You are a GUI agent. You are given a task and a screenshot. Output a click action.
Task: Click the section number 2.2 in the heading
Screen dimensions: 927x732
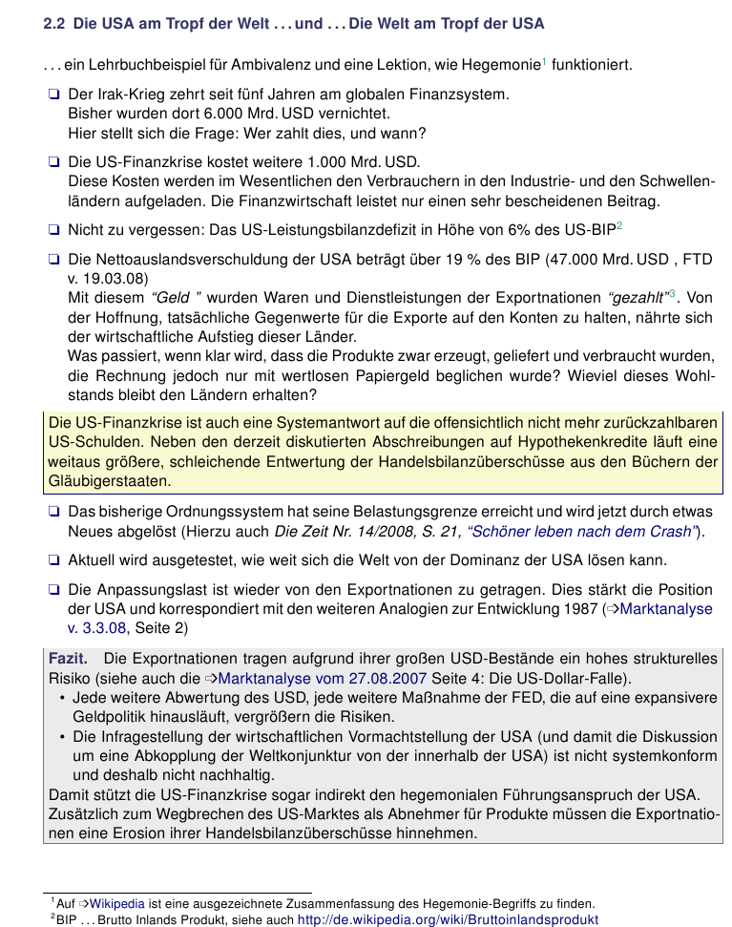tap(54, 23)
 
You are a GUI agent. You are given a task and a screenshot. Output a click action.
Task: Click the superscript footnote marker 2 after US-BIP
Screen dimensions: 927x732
tap(618, 226)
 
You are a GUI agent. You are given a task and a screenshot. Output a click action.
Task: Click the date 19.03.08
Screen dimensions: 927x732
tap(116, 278)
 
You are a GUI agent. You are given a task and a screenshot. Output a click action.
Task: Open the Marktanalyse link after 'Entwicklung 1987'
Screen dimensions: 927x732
tap(666, 609)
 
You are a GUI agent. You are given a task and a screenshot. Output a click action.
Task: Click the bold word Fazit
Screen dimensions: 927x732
tap(68, 659)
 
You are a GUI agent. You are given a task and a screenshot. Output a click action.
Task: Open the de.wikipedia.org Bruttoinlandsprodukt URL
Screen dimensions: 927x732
tap(448, 920)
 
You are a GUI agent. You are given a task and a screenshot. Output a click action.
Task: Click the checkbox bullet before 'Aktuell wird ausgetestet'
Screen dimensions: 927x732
tap(53, 559)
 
